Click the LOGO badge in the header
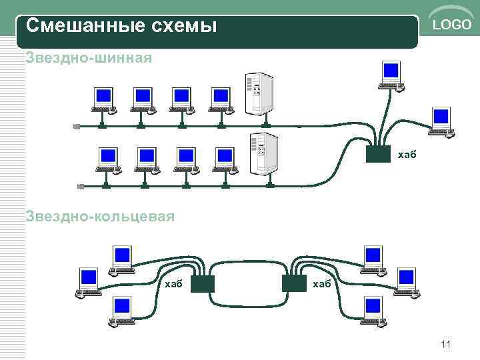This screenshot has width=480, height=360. (451, 25)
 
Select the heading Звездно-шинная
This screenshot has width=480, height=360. (89, 58)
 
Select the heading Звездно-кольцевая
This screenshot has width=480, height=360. (100, 216)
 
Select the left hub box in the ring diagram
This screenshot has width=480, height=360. (202, 284)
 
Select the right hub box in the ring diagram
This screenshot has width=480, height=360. (293, 284)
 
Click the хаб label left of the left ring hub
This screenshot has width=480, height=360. (173, 284)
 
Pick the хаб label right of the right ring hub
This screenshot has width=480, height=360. (321, 284)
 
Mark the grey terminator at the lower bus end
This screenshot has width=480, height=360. (81, 186)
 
